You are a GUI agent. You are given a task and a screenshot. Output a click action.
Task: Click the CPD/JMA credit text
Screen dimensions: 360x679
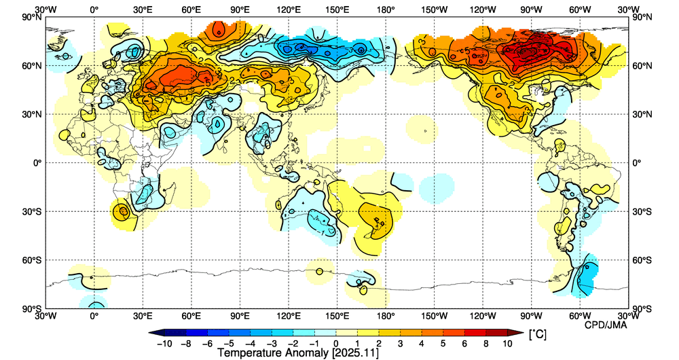[606, 324]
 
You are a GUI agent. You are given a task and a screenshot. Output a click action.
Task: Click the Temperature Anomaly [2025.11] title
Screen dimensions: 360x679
[298, 353]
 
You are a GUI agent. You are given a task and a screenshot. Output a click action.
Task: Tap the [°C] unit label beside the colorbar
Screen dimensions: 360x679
[537, 334]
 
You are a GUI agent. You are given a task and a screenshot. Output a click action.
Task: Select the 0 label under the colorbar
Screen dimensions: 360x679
[337, 344]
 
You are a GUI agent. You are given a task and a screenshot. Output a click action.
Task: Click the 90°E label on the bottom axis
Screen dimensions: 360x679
[240, 317]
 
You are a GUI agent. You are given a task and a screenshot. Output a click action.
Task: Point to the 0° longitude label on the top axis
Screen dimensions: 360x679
[94, 10]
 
